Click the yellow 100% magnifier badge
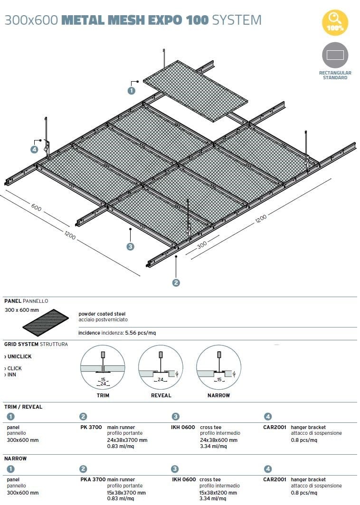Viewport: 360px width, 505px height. tap(335, 23)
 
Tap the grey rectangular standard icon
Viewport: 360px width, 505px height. tap(335, 55)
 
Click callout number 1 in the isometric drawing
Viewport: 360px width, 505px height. tap(132, 90)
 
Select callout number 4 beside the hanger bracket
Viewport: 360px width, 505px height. tap(35, 150)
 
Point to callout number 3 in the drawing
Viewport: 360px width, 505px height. tap(130, 246)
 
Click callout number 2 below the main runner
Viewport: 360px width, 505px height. tap(176, 282)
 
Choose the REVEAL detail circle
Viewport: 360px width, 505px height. tap(161, 367)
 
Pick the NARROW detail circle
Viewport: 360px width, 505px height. tap(218, 367)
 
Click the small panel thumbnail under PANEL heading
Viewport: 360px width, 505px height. tap(46, 322)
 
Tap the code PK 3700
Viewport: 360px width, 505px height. tap(91, 427)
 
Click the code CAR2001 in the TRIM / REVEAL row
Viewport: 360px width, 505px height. tap(275, 427)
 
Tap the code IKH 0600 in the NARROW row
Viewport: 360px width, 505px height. tap(184, 479)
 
